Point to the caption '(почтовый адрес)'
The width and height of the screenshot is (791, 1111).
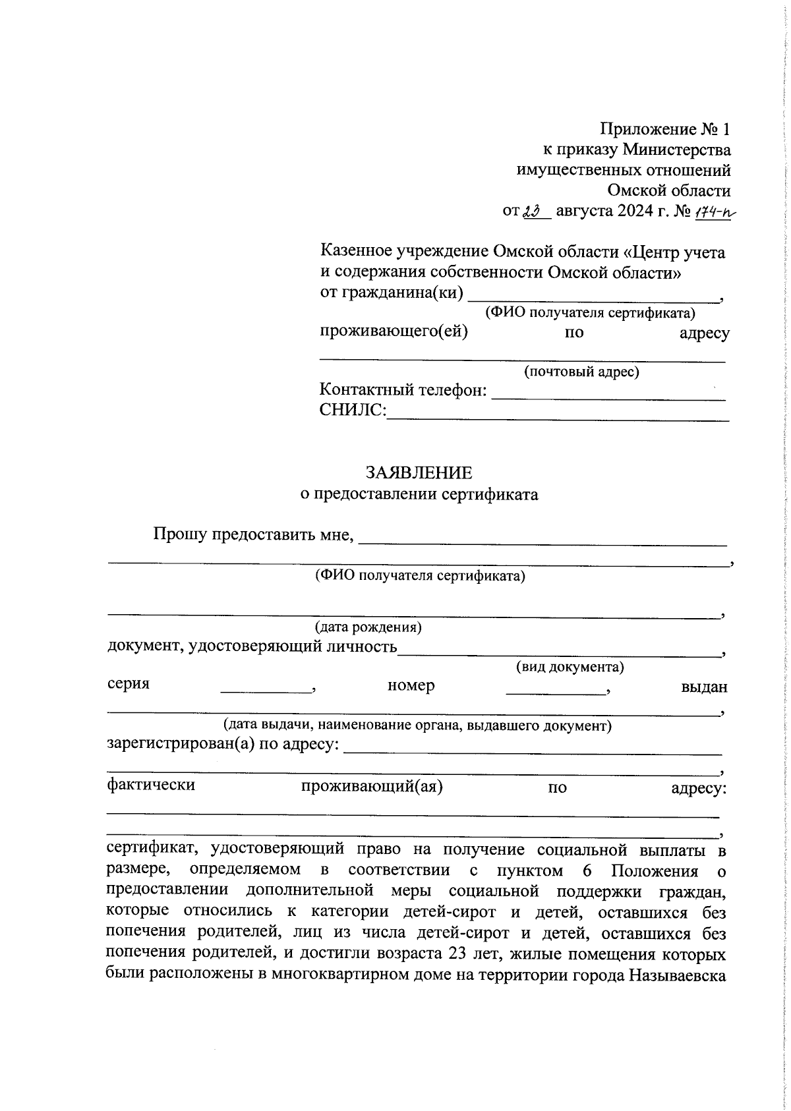coord(581,372)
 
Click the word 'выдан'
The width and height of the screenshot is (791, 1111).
coord(704,687)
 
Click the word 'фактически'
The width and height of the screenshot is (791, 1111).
coord(151,785)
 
